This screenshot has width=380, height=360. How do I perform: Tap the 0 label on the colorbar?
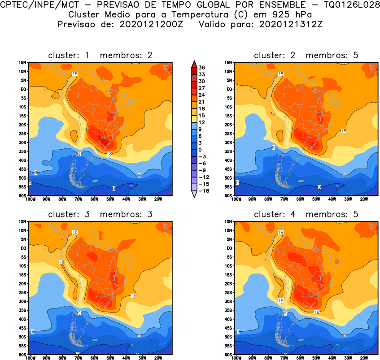(x=201, y=149)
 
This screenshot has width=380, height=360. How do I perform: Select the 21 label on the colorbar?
(x=201, y=101)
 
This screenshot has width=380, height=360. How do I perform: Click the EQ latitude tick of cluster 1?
(x=23, y=89)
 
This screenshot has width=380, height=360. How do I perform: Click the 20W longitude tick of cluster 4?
(x=364, y=358)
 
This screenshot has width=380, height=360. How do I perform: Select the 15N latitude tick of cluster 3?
(x=23, y=221)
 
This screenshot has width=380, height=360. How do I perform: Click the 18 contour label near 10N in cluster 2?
(x=281, y=74)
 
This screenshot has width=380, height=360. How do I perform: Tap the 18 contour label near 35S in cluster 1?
(x=109, y=154)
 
